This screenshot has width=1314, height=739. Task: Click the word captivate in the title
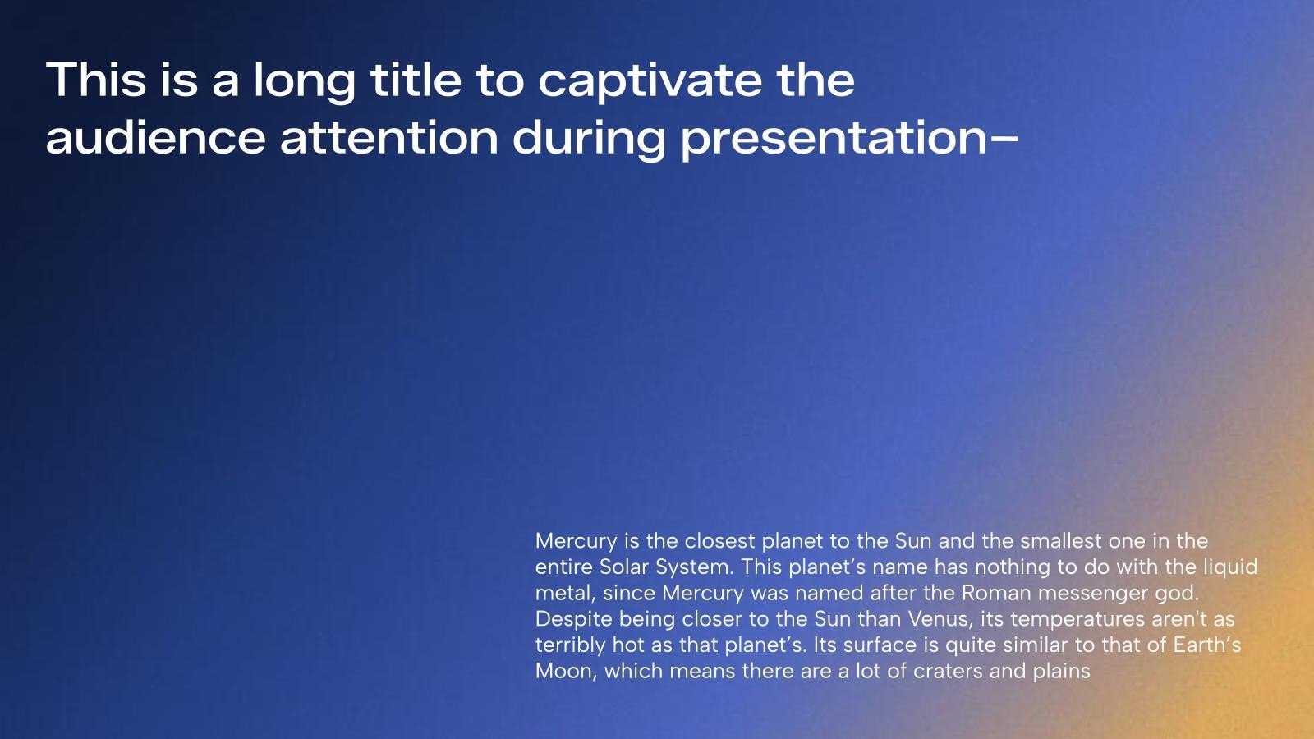click(650, 81)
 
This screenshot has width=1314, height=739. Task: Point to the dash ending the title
click(1004, 140)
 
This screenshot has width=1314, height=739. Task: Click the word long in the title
click(305, 81)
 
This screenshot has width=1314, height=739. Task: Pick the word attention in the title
click(389, 138)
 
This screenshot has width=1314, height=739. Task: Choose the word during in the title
click(589, 140)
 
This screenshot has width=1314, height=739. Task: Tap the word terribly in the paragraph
click(570, 645)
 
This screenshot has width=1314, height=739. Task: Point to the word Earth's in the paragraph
click(1206, 645)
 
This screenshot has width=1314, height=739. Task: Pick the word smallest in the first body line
click(1061, 541)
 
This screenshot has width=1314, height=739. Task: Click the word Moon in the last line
click(566, 671)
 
